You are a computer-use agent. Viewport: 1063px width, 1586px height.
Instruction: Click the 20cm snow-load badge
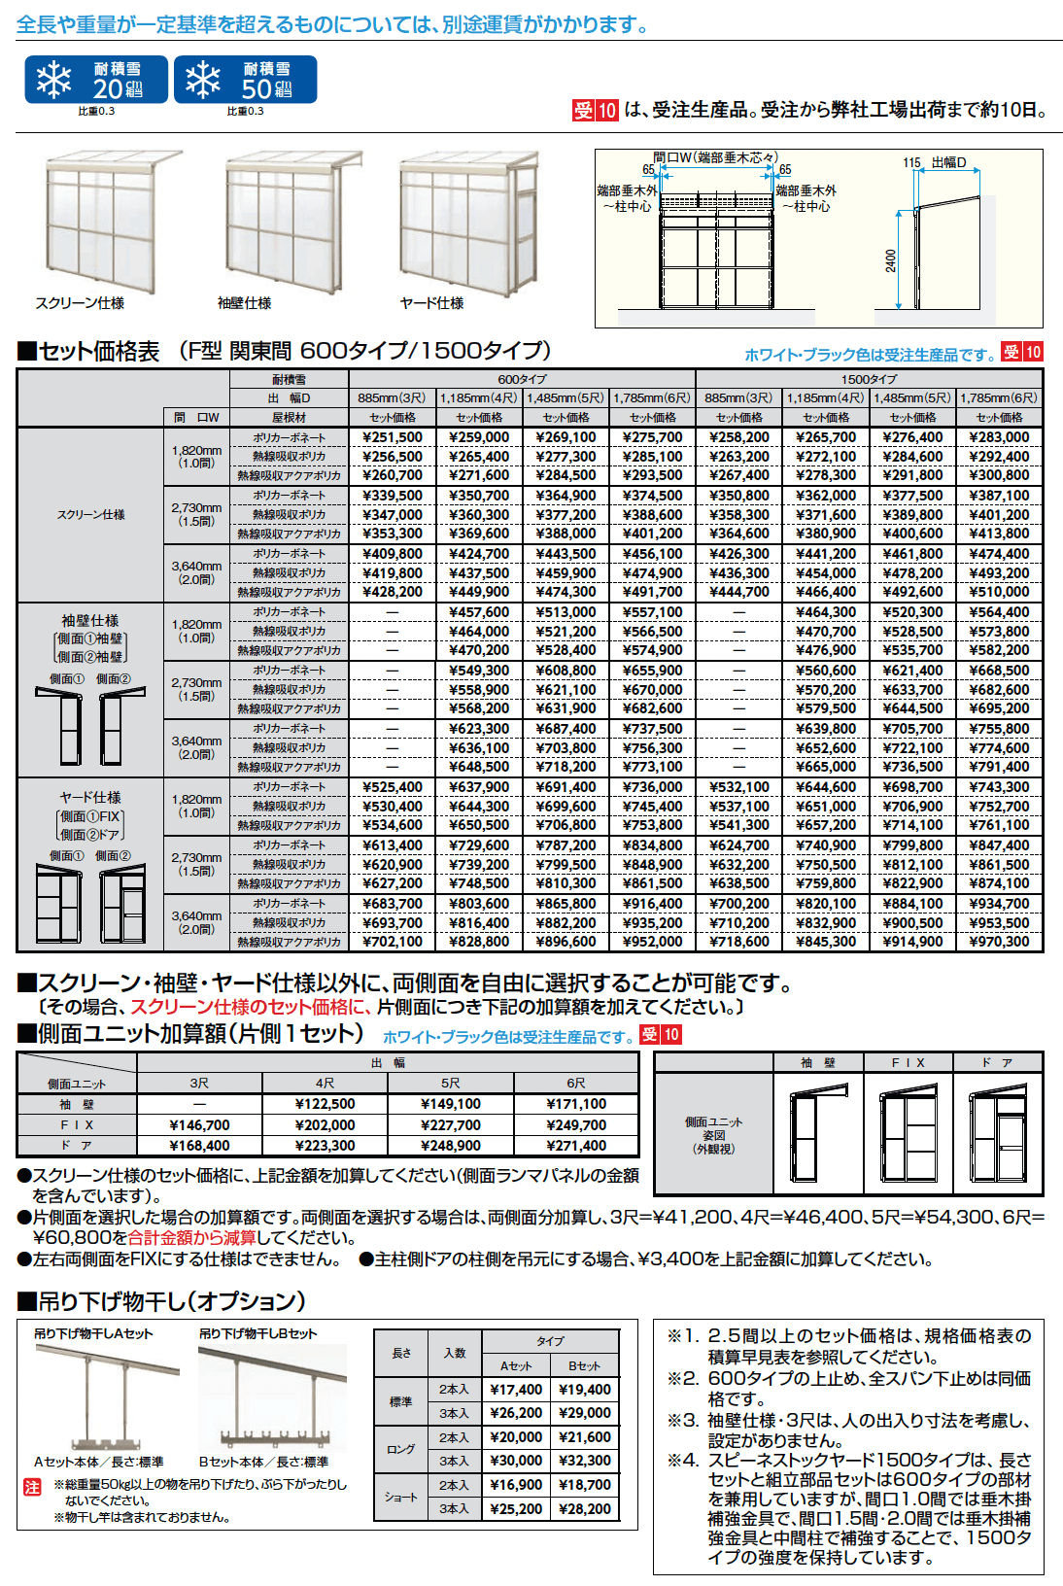(x=96, y=80)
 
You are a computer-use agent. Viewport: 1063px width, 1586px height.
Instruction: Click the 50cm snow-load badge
(x=245, y=80)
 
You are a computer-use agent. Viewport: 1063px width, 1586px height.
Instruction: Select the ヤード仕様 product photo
(x=467, y=222)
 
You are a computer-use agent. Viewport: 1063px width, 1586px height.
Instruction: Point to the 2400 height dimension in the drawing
(x=891, y=260)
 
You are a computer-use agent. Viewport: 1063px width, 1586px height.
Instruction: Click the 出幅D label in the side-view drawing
(x=948, y=162)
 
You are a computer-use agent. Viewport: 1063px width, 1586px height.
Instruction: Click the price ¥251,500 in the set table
(x=393, y=437)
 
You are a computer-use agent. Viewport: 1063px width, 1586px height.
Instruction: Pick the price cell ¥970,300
(x=999, y=942)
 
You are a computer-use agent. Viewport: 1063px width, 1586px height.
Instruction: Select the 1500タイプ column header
(x=869, y=379)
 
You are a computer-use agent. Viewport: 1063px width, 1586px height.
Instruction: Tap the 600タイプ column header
(x=522, y=379)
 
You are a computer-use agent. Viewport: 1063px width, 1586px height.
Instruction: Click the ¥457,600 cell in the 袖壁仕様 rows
(x=479, y=612)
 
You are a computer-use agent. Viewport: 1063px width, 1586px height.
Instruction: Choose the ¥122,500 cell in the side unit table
(x=325, y=1104)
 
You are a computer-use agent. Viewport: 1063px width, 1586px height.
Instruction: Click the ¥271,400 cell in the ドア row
(x=576, y=1146)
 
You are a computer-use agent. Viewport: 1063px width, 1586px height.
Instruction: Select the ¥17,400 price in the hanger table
(x=516, y=1390)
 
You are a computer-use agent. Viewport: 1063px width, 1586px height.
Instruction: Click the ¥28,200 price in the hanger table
(x=585, y=1509)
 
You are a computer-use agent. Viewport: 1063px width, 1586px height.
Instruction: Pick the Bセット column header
(x=585, y=1365)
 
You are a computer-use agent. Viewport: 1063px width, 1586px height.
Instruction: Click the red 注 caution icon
(x=32, y=1487)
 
